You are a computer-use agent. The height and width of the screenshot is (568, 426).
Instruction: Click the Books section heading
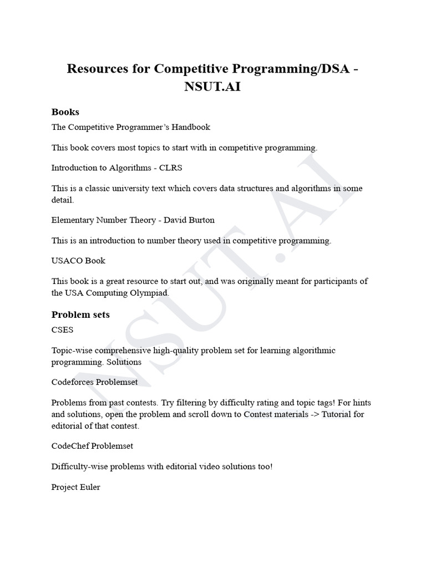coord(65,112)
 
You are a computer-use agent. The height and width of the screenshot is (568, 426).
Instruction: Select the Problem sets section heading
coord(80,315)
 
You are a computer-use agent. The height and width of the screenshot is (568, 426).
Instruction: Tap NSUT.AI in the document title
coord(213,88)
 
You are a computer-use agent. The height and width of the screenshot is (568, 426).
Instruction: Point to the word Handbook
coord(192,127)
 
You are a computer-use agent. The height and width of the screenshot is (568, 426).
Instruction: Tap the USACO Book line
coord(78,260)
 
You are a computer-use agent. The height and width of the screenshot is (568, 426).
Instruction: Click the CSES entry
coord(62,329)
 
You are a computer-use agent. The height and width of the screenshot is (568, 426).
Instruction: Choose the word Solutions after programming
coord(125,362)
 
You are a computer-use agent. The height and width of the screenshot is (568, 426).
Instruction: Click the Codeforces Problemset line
coord(94,382)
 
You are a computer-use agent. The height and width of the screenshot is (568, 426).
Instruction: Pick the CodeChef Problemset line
coord(92,445)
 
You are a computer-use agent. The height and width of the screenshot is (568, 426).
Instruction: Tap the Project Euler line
coord(76,487)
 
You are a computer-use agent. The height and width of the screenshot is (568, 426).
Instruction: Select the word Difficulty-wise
coord(79,466)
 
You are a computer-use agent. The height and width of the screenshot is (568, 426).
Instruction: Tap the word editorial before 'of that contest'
coord(68,426)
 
